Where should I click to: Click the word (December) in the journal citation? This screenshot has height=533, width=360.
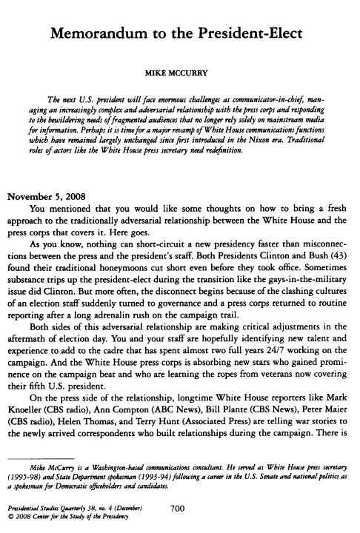pyautogui.click(x=130, y=509)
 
